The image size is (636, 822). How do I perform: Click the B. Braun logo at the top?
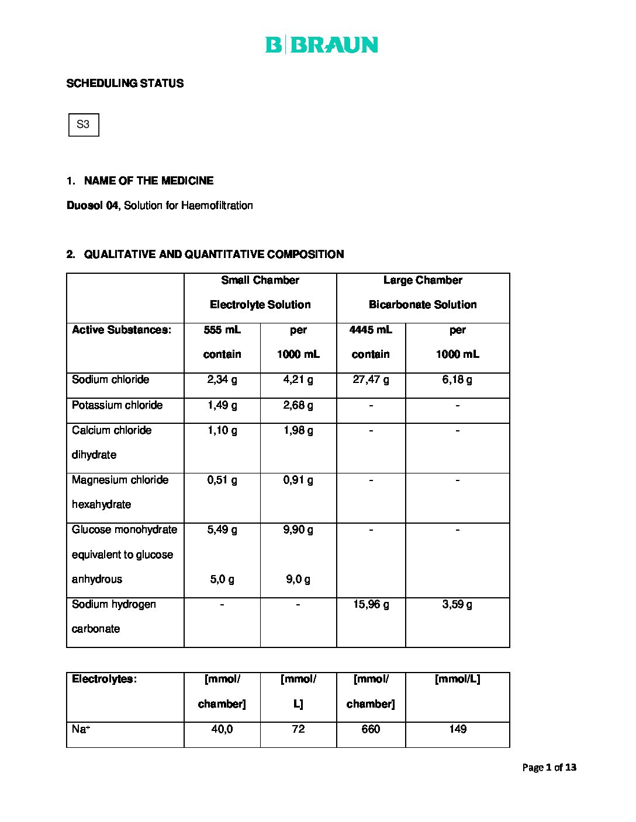[322, 45]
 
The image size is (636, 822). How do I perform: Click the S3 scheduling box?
[84, 124]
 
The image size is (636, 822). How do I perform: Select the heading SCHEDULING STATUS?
[125, 83]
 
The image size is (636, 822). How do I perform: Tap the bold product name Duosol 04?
[92, 206]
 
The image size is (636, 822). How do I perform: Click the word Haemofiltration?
[217, 206]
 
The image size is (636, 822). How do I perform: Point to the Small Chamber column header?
[260, 280]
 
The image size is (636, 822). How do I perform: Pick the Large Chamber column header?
[423, 280]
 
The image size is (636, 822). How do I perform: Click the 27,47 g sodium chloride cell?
[371, 379]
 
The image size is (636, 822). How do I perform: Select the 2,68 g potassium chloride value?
[298, 405]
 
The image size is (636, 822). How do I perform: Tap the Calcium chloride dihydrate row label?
[112, 442]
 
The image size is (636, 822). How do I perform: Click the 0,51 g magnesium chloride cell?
[222, 480]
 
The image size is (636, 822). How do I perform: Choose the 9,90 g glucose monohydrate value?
[298, 530]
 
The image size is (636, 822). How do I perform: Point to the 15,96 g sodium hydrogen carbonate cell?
[371, 604]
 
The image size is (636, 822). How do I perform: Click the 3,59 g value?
[457, 604]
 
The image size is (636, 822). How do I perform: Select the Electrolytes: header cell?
[104, 679]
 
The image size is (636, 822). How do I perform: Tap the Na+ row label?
[81, 729]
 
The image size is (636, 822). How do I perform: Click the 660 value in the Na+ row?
[371, 729]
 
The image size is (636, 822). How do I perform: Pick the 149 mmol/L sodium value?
[457, 729]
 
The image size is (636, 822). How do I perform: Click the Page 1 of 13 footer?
[549, 767]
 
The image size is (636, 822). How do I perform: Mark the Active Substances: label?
[122, 330]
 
